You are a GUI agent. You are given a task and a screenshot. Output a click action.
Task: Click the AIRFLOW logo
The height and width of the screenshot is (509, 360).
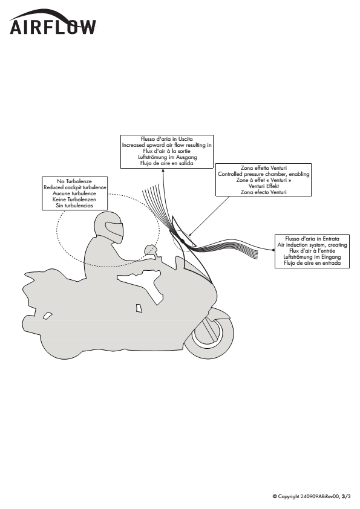(53, 22)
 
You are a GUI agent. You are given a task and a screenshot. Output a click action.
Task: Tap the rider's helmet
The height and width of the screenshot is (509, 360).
(109, 227)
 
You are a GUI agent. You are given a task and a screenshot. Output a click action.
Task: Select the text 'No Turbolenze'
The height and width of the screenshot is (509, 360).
(74, 181)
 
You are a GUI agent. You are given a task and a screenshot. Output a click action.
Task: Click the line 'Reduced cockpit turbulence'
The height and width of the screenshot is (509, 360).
(75, 187)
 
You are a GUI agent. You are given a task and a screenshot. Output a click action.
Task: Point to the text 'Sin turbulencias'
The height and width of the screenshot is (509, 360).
(74, 206)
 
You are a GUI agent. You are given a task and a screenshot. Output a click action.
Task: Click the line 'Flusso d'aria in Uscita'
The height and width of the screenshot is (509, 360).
(166, 139)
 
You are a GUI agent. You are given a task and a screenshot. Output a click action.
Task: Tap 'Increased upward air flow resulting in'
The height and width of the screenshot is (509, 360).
(166, 145)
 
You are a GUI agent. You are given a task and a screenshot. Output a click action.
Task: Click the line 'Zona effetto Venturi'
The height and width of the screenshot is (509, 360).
(264, 168)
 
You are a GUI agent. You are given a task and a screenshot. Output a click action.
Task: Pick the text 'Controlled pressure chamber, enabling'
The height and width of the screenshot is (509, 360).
(264, 174)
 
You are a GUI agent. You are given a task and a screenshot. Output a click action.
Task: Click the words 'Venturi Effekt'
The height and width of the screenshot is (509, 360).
(264, 186)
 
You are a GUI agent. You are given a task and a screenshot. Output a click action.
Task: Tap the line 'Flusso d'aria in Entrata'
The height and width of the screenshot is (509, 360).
(312, 239)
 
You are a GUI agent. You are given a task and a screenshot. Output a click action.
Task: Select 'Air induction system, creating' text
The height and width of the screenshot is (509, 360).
(312, 245)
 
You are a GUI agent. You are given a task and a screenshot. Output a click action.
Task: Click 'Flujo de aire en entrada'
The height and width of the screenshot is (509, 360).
(312, 263)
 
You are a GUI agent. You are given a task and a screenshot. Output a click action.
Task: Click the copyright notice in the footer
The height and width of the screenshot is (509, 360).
(312, 496)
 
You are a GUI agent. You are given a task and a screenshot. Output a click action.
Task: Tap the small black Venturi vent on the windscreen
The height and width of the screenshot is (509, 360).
(183, 241)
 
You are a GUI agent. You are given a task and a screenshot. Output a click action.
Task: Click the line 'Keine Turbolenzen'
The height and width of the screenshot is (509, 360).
(74, 199)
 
